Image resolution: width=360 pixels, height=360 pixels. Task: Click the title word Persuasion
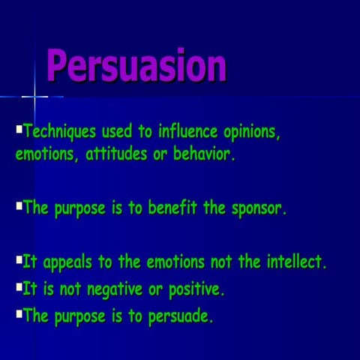tap(136, 65)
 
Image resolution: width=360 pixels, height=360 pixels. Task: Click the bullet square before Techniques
tap(19, 129)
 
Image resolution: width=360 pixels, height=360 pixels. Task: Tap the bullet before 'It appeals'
tap(19, 259)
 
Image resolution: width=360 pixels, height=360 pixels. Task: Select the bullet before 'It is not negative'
tap(19, 286)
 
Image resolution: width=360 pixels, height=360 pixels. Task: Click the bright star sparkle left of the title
tap(34, 96)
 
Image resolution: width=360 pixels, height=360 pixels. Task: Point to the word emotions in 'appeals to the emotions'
tap(177, 262)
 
